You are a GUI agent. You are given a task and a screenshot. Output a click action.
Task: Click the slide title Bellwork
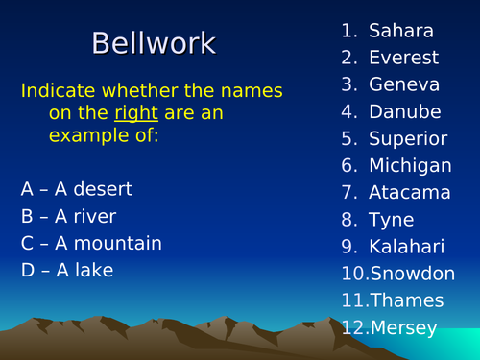(154, 43)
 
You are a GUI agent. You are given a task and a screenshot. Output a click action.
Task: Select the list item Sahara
(400, 31)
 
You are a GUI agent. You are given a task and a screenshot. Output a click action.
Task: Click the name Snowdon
(407, 274)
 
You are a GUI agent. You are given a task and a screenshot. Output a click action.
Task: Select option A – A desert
(77, 189)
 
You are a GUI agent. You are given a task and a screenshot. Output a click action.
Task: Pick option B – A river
(68, 216)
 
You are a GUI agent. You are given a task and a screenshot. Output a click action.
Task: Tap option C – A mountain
(91, 243)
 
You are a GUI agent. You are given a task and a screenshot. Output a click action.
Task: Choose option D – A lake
(67, 270)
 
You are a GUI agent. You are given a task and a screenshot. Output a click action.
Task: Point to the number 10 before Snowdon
(350, 274)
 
